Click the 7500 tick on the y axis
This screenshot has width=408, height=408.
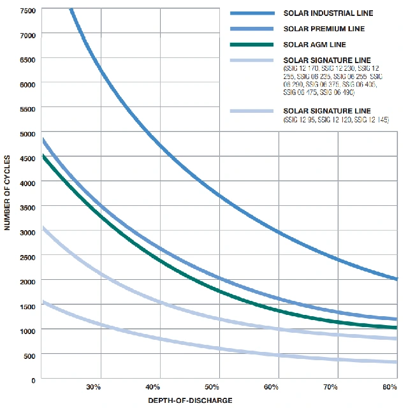[27, 10]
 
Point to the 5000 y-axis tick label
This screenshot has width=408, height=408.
[27, 133]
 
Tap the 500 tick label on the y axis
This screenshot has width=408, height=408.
[29, 355]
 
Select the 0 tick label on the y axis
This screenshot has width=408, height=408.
[33, 380]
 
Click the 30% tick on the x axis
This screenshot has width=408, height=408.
[93, 388]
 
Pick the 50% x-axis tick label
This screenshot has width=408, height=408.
[212, 388]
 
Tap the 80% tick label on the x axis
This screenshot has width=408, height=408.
[390, 388]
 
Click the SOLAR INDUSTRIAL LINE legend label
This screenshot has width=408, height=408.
[328, 13]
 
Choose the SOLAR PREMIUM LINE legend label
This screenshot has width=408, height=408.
[324, 29]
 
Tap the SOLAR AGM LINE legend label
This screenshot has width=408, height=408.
[315, 45]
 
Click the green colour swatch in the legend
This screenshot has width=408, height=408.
[251, 45]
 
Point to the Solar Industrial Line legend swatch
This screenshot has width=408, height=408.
[251, 13]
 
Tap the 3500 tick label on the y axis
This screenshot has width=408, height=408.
[27, 207]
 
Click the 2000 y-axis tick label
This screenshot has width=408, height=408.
[27, 281]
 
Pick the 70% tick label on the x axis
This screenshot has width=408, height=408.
[330, 388]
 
